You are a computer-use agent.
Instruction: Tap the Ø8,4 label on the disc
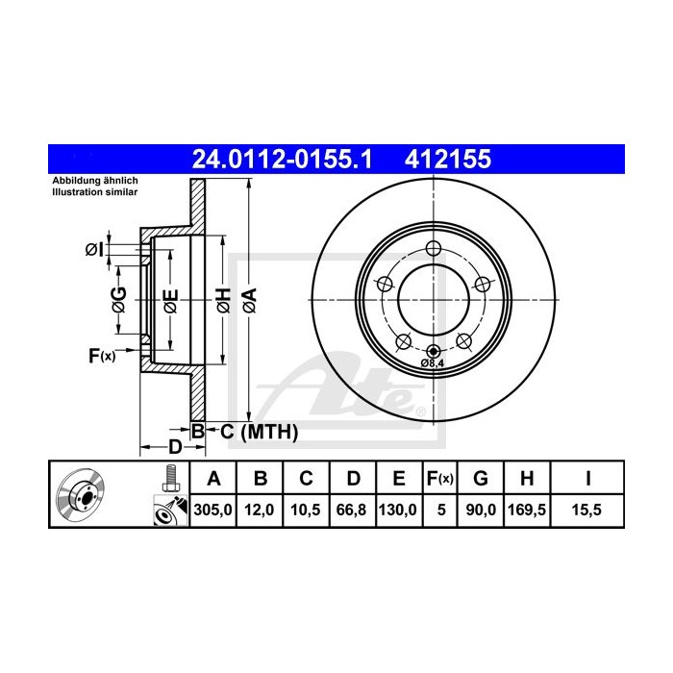click(432, 363)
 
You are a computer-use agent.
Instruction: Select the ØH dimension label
click(223, 300)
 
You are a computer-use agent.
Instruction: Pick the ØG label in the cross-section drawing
click(119, 300)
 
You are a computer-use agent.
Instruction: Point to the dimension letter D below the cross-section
click(175, 447)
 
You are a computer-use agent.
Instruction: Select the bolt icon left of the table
click(169, 477)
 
